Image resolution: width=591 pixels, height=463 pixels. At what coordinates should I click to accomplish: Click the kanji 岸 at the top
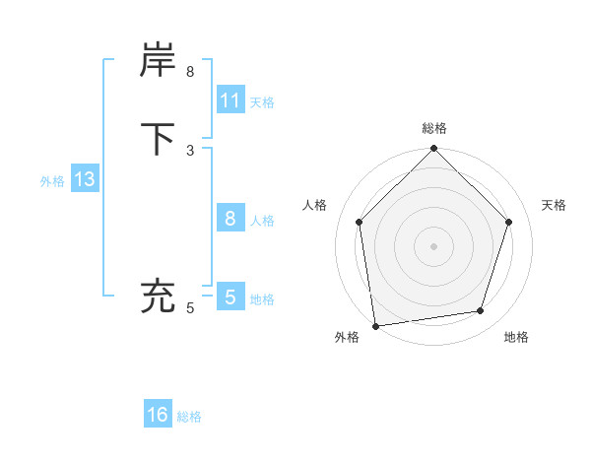point(159,61)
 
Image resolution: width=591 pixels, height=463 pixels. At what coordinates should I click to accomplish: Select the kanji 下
point(159,138)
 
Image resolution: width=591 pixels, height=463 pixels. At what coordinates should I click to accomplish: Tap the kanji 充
point(159,295)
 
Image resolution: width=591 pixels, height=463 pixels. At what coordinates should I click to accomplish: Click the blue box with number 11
point(230,100)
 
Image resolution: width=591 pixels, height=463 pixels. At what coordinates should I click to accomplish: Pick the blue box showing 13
point(84,180)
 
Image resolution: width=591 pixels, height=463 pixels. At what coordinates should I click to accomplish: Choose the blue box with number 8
point(230,219)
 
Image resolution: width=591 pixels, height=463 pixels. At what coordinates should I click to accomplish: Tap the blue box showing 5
point(230,297)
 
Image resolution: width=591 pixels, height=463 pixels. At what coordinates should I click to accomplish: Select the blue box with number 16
point(158,415)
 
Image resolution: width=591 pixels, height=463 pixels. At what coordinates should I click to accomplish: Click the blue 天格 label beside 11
point(262,102)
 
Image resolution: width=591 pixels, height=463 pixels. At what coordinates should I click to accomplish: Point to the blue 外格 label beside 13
point(52,181)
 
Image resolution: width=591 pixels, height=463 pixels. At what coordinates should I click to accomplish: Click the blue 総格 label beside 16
point(190,417)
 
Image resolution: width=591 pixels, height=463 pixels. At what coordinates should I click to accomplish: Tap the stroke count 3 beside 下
point(190,150)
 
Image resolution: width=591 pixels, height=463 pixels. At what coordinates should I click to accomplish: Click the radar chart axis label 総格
point(434,128)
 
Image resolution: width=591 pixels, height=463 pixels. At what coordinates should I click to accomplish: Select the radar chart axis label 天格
point(555,205)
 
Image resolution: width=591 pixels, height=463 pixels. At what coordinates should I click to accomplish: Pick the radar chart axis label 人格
point(314,205)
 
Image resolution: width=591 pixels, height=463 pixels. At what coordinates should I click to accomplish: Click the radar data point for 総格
point(434,150)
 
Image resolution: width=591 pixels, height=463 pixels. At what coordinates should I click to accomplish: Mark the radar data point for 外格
point(375,325)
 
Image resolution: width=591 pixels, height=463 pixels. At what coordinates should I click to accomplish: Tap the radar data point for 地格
point(481,310)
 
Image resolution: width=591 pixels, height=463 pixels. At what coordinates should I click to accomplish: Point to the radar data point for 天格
point(509,222)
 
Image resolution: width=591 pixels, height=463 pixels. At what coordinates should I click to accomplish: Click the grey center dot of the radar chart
point(434,245)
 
